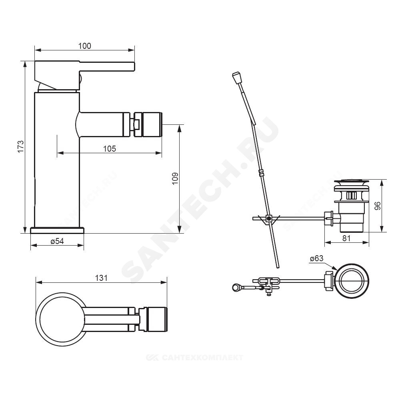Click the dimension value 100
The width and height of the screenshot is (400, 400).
84,46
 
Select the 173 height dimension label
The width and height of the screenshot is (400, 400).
20,146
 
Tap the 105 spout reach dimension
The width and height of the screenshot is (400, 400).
110,148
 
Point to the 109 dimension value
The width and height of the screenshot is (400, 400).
175,178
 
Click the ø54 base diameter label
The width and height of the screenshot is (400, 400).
57,241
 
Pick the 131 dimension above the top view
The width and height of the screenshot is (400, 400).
101,278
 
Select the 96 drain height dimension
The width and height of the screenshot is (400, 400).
377,206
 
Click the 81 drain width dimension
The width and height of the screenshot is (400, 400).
346,238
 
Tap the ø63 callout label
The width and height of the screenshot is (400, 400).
316,258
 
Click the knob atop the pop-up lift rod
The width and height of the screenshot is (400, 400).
236,78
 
